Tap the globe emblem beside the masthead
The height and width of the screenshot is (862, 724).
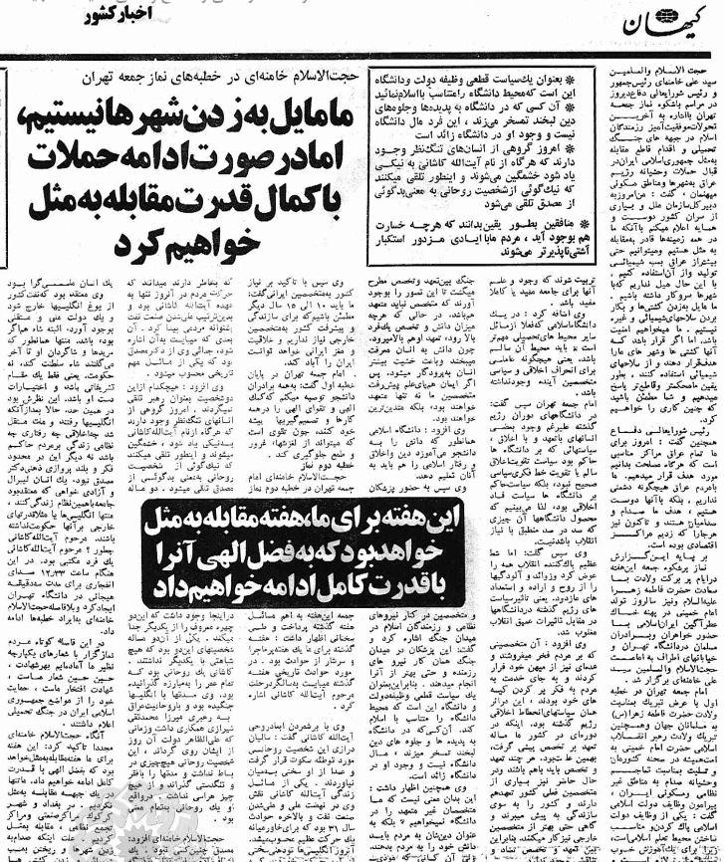pyautogui.click(x=692, y=19)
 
